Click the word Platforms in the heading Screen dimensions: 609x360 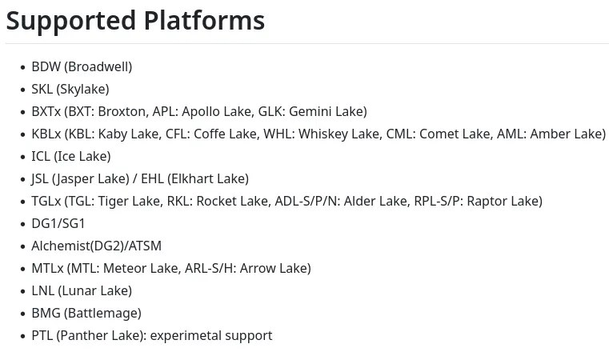coord(204,20)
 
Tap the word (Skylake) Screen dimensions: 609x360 coord(82,90)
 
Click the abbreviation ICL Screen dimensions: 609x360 coord(41,157)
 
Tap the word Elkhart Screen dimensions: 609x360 coord(190,179)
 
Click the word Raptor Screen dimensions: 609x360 coord(487,202)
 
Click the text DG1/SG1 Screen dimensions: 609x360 coord(58,224)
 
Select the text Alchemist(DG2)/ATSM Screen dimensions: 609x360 coord(96,246)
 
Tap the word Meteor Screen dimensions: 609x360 coord(123,269)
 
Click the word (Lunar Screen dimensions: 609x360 coord(75,291)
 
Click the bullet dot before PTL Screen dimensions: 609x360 coord(22,336)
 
